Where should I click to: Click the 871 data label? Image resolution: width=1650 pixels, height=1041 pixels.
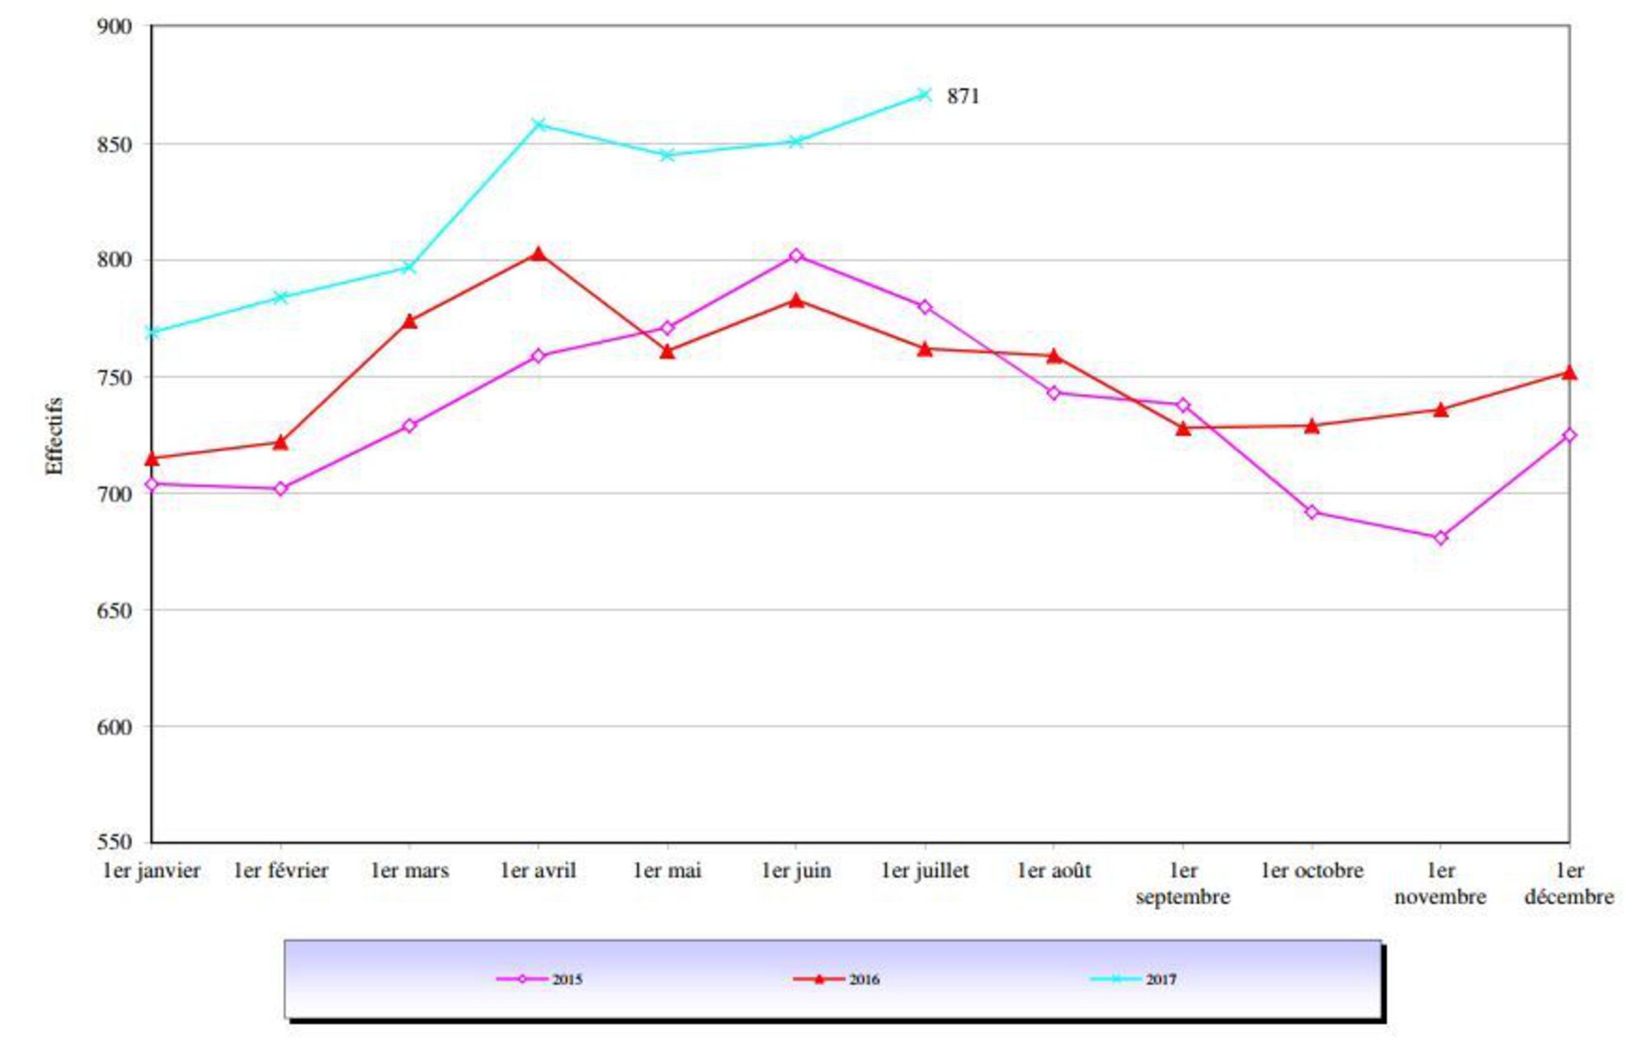pos(963,97)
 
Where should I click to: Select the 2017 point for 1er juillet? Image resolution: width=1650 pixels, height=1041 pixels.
pos(925,95)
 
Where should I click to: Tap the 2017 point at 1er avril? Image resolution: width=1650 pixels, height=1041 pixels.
pos(539,125)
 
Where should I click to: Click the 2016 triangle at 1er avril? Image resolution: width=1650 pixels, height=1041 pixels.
pos(539,254)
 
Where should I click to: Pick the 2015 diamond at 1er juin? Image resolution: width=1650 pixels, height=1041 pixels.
pos(796,256)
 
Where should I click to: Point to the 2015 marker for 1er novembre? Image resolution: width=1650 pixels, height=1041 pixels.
pos(1440,538)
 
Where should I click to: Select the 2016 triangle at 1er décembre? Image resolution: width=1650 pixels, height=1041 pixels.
pos(1569,374)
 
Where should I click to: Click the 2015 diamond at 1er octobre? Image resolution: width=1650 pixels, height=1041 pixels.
pos(1312,512)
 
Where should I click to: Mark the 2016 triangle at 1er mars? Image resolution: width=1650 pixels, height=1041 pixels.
pos(410,321)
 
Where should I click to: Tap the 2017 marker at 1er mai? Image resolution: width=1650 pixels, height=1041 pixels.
pos(667,155)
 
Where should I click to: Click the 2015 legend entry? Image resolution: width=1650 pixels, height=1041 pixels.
pos(540,979)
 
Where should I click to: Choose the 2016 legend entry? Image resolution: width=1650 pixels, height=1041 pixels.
pos(837,979)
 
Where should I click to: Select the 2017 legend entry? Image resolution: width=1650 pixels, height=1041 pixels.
pos(1134,979)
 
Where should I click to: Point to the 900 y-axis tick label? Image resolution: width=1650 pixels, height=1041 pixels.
pos(115,26)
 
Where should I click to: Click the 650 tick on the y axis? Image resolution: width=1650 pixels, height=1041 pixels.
pos(115,611)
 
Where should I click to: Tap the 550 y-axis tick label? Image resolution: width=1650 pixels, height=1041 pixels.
pos(115,842)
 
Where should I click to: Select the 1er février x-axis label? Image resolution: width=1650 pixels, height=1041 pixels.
pos(281,871)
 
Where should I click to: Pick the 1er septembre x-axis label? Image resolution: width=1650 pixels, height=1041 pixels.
pos(1183,883)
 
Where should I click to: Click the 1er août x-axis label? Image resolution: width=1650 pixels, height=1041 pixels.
pos(1054,871)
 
